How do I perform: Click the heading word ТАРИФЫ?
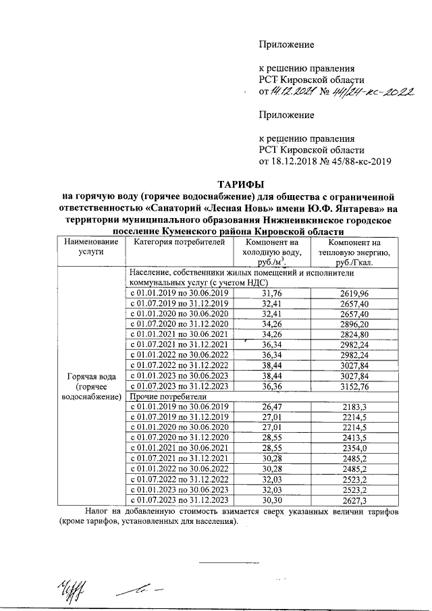click(x=240, y=184)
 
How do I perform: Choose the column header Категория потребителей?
click(x=175, y=242)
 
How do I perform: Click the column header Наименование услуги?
click(x=90, y=247)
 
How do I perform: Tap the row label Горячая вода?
click(x=90, y=375)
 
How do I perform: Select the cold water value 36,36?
click(x=271, y=386)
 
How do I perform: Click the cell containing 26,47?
click(x=271, y=406)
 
